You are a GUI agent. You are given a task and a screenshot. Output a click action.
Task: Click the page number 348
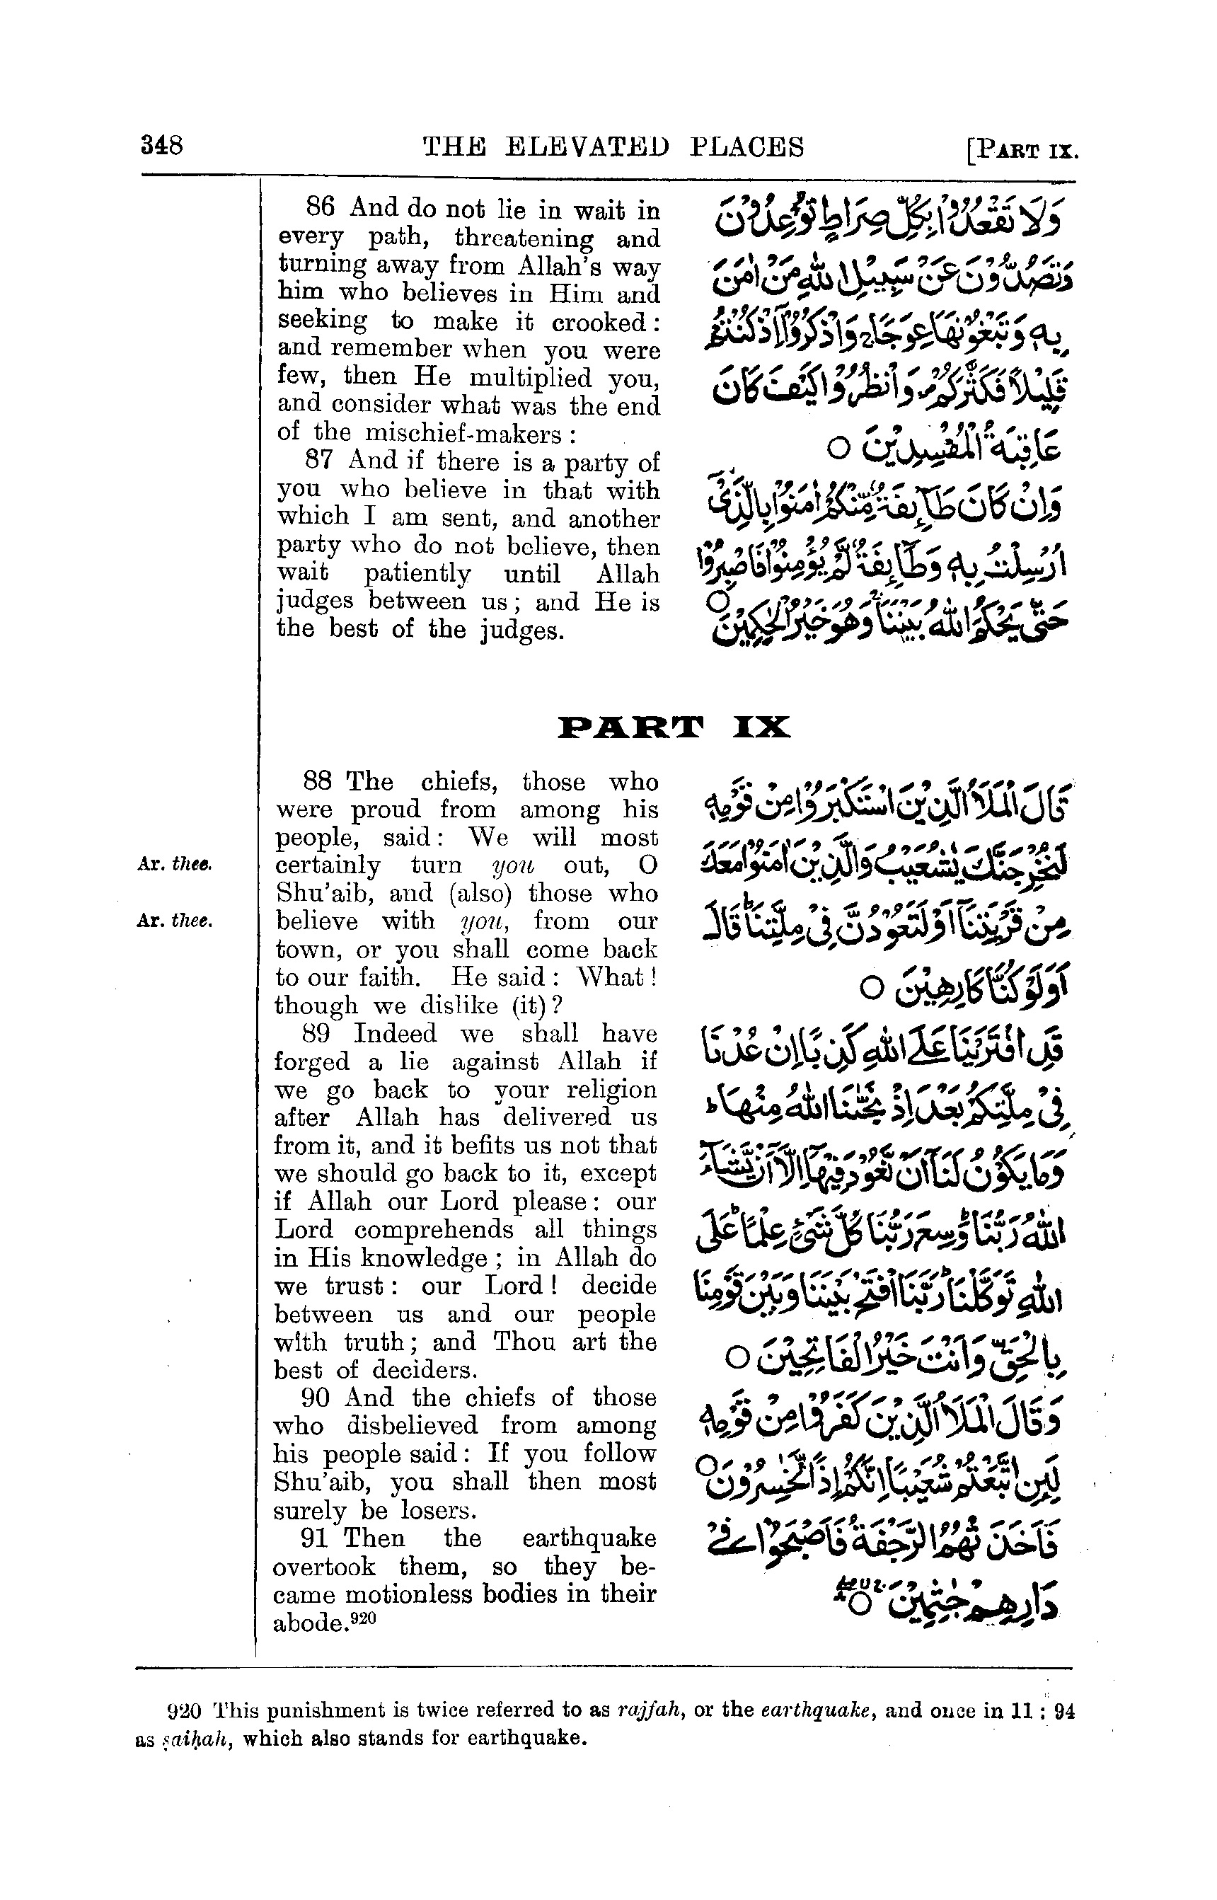click(x=161, y=146)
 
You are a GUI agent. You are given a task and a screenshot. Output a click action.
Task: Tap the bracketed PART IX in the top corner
click(x=1022, y=149)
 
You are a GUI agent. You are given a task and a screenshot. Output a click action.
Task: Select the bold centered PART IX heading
click(x=674, y=727)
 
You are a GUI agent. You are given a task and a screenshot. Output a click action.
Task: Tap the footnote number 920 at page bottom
click(x=183, y=1712)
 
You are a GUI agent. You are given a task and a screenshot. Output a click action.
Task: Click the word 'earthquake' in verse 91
click(x=589, y=1539)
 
